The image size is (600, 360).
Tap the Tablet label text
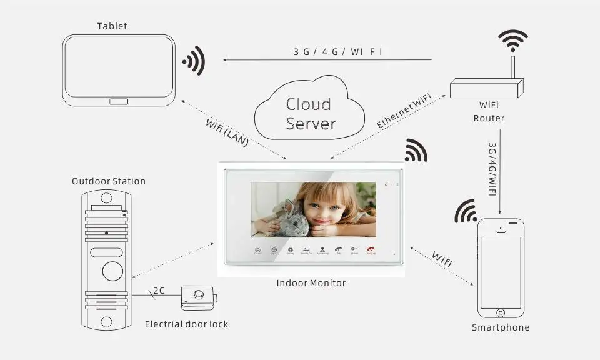click(112, 26)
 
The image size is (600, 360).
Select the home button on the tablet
click(119, 101)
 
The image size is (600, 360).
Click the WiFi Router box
click(487, 88)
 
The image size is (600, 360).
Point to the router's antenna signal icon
click(513, 40)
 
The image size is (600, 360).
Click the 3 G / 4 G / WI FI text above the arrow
click(338, 52)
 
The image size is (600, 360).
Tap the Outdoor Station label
click(109, 181)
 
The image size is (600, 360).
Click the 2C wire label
click(159, 291)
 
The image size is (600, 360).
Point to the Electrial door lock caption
click(186, 324)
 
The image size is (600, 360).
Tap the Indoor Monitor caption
click(311, 283)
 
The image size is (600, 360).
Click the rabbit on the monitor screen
click(291, 219)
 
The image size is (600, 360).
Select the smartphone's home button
click(500, 312)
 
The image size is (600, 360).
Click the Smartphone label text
click(501, 327)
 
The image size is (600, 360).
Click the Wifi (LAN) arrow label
click(227, 132)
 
